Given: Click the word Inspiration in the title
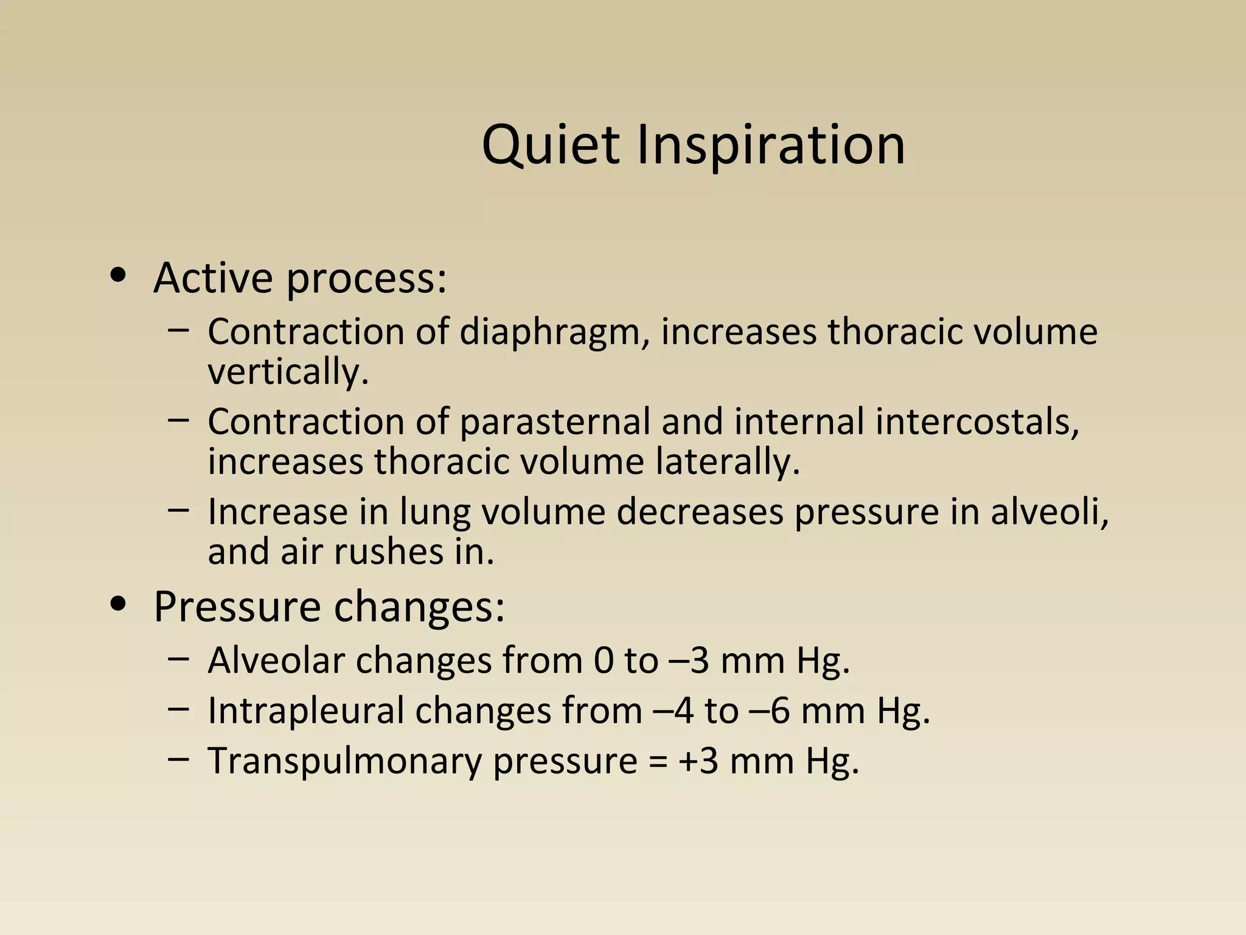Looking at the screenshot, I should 771,146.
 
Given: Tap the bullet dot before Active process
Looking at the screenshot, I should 119,276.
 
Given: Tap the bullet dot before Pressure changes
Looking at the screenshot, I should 119,604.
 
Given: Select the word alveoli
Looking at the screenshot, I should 1049,511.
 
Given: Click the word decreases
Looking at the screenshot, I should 700,511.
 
